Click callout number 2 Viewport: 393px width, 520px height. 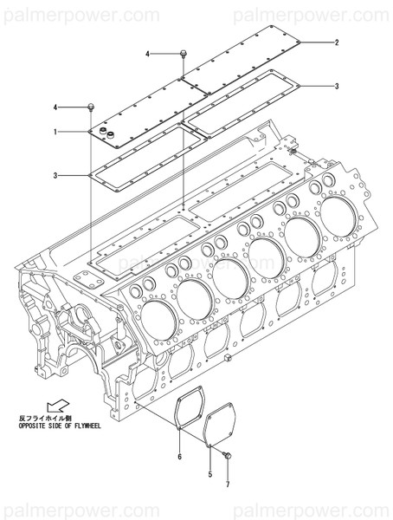336,42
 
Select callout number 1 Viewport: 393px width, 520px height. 55,132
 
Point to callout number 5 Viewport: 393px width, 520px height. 209,475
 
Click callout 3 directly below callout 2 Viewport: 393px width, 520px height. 336,85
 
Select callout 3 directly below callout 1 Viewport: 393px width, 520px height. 55,176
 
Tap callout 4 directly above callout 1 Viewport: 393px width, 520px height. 55,107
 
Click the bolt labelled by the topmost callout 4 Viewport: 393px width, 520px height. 184,55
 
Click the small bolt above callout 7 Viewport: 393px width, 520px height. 227,455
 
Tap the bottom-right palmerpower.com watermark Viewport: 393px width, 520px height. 325,505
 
